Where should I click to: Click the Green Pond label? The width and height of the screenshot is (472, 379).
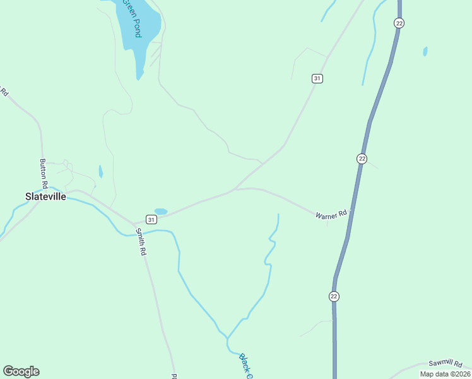pos(131,18)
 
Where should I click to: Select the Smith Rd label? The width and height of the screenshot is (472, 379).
pos(142,243)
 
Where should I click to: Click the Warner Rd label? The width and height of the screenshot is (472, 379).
pos(332,215)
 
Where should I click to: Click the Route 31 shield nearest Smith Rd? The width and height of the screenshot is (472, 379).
pos(151,219)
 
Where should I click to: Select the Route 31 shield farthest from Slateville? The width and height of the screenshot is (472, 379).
pos(317,78)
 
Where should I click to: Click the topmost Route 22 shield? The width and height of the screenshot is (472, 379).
pos(399,23)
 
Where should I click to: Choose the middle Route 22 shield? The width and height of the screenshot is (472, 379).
pos(362,159)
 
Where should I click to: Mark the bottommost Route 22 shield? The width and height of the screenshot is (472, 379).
pos(334,296)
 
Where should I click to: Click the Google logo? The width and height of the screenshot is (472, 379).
pos(21,371)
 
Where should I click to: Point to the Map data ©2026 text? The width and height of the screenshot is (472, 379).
pos(445,374)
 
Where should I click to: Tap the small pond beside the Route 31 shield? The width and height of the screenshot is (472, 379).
pos(161,211)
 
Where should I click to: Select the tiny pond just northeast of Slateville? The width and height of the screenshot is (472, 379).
pos(100,171)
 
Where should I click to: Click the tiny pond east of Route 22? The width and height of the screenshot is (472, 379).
pos(425,51)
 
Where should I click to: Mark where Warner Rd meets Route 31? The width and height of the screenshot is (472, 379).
pos(234,189)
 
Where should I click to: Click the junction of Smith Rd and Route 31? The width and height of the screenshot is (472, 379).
pos(134,224)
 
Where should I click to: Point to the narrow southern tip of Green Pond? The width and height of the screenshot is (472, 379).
pos(139,76)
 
